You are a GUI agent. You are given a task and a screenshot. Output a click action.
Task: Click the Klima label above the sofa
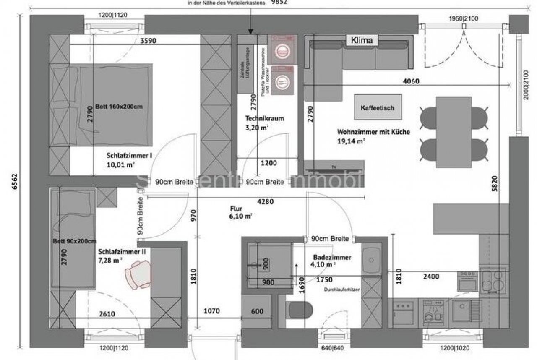362,40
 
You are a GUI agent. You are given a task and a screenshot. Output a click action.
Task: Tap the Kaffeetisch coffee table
377,108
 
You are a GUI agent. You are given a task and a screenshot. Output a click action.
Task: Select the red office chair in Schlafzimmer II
138,274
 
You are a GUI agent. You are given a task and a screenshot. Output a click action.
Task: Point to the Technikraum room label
264,119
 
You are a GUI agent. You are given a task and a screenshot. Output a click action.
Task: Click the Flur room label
235,209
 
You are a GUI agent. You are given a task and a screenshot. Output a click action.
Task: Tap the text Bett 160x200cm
119,107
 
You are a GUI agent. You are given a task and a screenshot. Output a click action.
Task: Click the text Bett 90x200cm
75,241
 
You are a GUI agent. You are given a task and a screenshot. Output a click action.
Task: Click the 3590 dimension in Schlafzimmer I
149,41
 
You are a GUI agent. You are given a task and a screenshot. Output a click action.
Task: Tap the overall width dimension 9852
282,3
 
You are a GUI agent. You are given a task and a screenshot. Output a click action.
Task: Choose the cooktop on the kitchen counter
493,281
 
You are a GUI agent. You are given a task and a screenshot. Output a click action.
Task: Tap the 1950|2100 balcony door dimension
463,18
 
